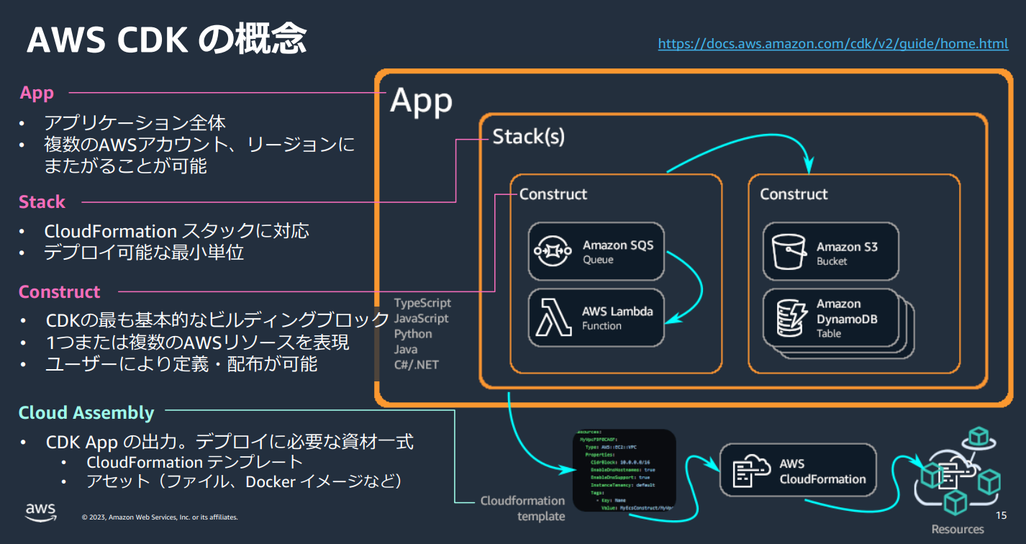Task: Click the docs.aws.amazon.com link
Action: point(832,44)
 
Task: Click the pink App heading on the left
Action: point(37,94)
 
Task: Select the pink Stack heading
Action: point(42,202)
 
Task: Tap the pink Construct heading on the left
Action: point(60,292)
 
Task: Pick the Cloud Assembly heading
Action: point(86,413)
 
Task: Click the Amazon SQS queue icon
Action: point(553,251)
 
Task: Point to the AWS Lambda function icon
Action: point(553,318)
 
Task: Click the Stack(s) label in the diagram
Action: point(528,137)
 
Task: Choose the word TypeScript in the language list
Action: point(422,303)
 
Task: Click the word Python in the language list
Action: point(413,334)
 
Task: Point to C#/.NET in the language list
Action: point(416,364)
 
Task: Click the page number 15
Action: point(1001,516)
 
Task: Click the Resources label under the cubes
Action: point(958,529)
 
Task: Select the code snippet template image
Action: point(625,471)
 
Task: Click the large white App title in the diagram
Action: point(421,101)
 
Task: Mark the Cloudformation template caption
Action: point(522,508)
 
